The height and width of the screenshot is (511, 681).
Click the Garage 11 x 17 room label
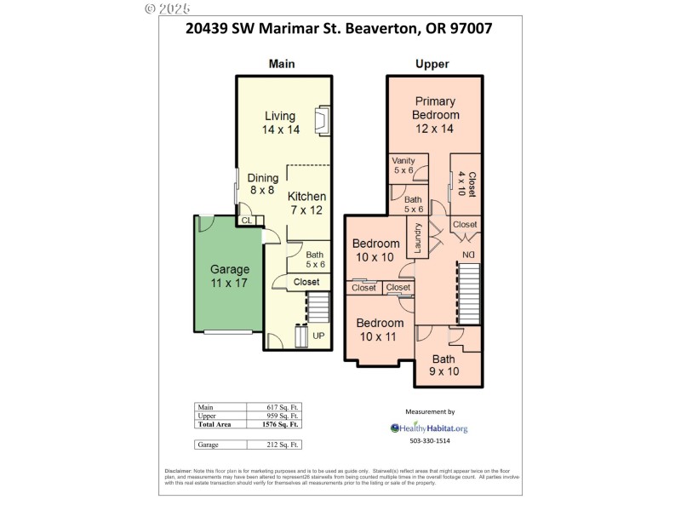point(229,276)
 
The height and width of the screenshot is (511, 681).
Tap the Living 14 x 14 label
point(280,123)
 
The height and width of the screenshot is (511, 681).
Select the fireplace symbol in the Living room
point(322,120)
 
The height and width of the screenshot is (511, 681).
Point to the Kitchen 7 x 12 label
point(306,203)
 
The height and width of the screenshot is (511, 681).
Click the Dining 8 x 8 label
point(263,185)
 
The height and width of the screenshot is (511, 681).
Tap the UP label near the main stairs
point(318,336)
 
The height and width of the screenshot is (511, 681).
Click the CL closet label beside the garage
point(247,221)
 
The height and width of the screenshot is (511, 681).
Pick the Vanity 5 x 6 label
point(404,165)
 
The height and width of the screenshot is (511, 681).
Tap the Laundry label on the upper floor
point(418,238)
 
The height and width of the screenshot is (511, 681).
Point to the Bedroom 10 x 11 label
point(380,330)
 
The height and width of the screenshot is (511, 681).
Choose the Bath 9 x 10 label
point(444,365)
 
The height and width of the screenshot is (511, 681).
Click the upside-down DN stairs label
point(468,255)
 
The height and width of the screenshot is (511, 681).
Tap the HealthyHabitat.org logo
point(429,428)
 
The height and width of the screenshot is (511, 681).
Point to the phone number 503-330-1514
point(430,441)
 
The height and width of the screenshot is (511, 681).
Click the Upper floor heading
point(432,64)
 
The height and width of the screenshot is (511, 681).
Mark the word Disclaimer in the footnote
point(178,471)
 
